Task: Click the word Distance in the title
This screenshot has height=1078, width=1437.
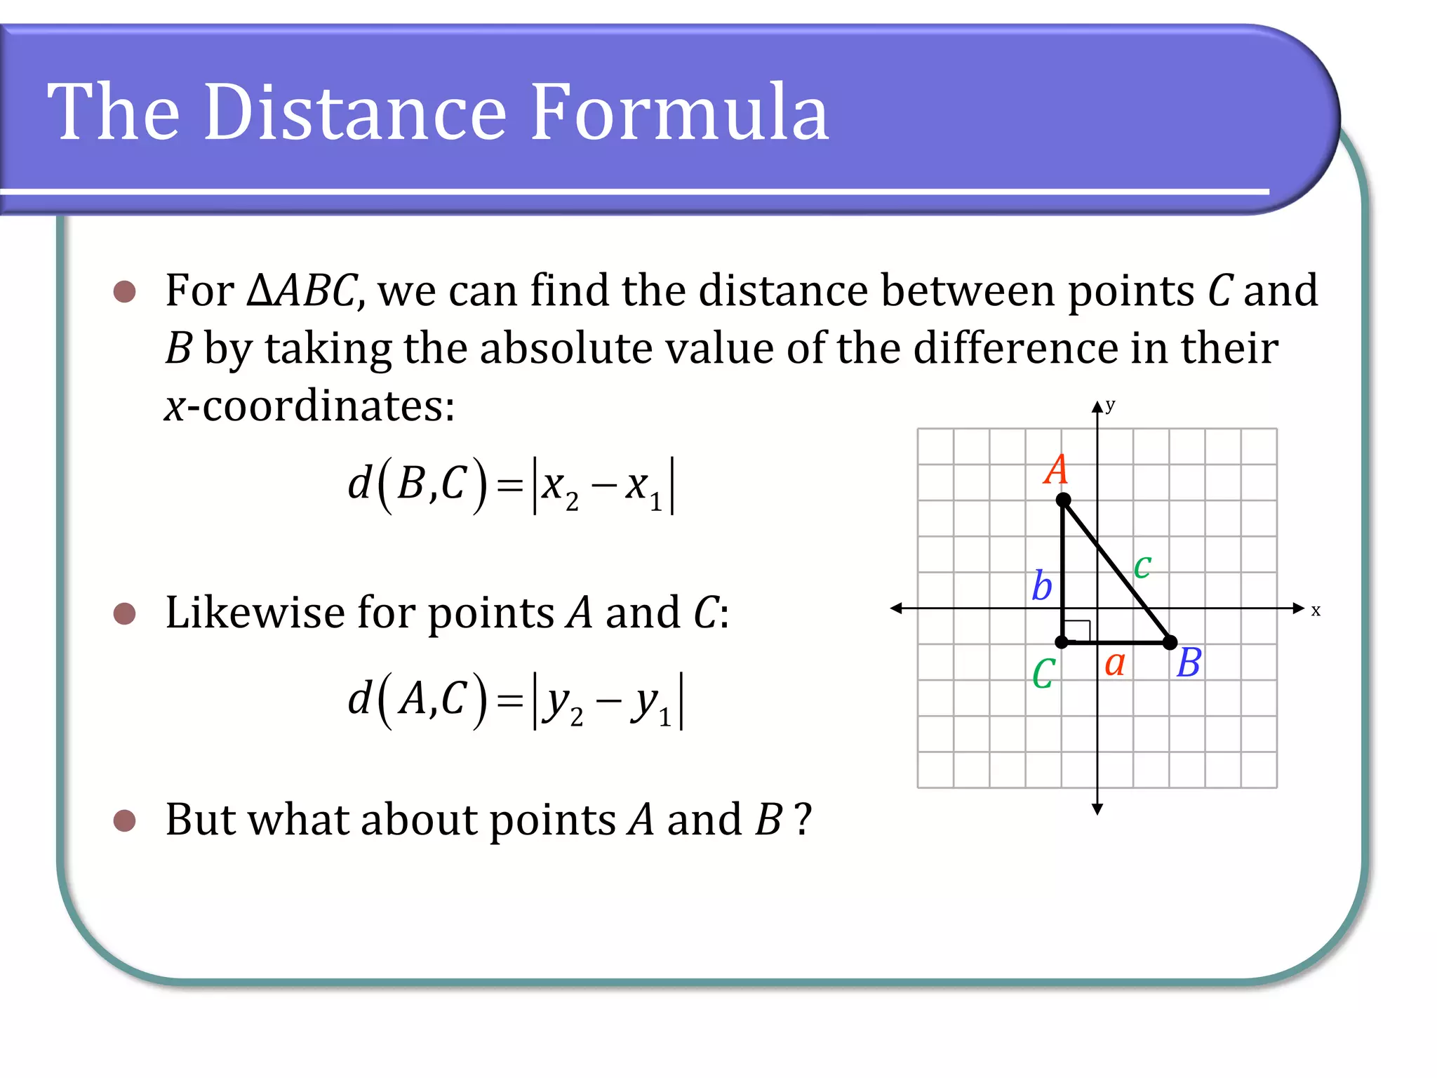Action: tap(355, 112)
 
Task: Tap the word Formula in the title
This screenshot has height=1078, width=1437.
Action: tap(679, 112)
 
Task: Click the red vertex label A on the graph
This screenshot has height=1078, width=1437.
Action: tap(1055, 470)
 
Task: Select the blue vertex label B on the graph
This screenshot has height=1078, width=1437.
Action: tap(1189, 663)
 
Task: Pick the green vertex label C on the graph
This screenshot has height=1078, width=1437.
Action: tap(1043, 674)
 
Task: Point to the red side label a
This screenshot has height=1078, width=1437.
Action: tap(1115, 663)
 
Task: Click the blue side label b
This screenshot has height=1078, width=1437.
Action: tap(1042, 585)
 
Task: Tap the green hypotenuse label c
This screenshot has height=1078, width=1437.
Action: tap(1142, 566)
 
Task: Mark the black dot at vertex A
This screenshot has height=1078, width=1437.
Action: tap(1064, 500)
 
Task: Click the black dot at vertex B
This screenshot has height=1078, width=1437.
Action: tap(1170, 642)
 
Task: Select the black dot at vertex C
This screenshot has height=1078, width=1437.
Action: tap(1062, 642)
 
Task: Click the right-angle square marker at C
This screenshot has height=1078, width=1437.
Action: tap(1078, 630)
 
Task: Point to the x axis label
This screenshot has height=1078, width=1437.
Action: tap(1316, 611)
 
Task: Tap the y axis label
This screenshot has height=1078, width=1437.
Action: tap(1110, 405)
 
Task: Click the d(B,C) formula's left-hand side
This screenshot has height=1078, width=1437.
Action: tap(417, 484)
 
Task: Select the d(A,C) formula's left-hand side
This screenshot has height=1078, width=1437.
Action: tap(417, 699)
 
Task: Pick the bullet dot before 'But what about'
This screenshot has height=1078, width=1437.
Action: tap(124, 820)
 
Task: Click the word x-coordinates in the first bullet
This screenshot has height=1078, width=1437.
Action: tap(309, 406)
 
